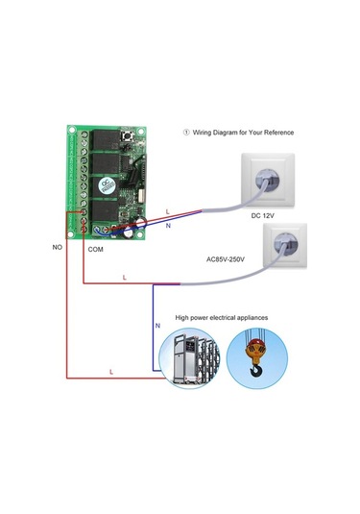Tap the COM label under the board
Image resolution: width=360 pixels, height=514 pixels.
(x=95, y=249)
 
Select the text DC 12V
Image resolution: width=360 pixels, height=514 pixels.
(x=263, y=216)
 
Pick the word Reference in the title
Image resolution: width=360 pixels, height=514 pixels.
(x=278, y=132)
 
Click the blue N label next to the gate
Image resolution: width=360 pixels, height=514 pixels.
(x=158, y=327)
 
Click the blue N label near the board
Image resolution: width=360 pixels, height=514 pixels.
(x=169, y=225)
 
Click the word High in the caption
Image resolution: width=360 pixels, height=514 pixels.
(x=183, y=316)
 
